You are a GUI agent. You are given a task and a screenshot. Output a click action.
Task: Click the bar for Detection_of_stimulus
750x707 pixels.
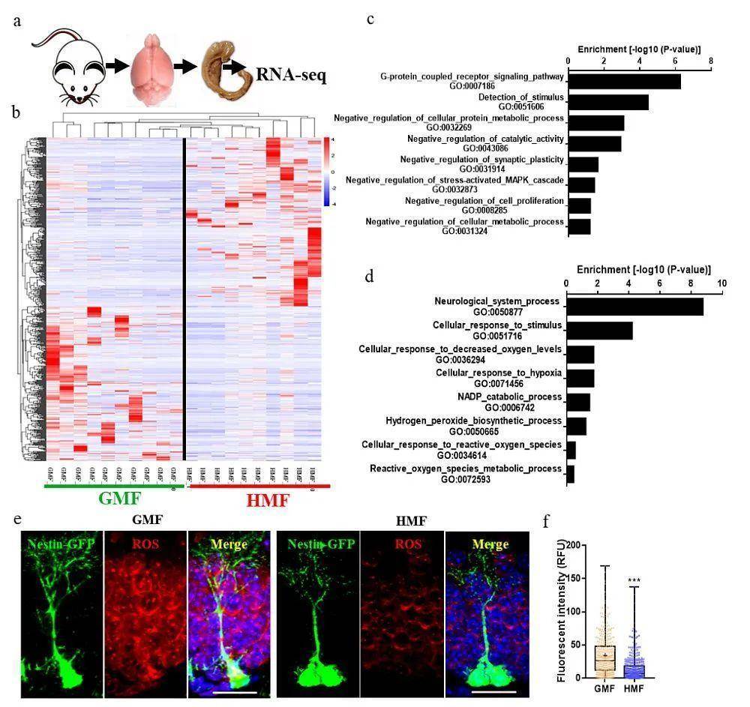point(608,102)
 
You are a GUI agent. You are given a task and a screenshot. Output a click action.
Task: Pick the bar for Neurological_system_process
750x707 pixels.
point(634,306)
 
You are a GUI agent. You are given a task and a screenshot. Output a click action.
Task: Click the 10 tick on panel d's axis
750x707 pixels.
point(721,283)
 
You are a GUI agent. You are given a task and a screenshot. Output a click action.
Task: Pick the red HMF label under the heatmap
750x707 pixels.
point(258,499)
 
